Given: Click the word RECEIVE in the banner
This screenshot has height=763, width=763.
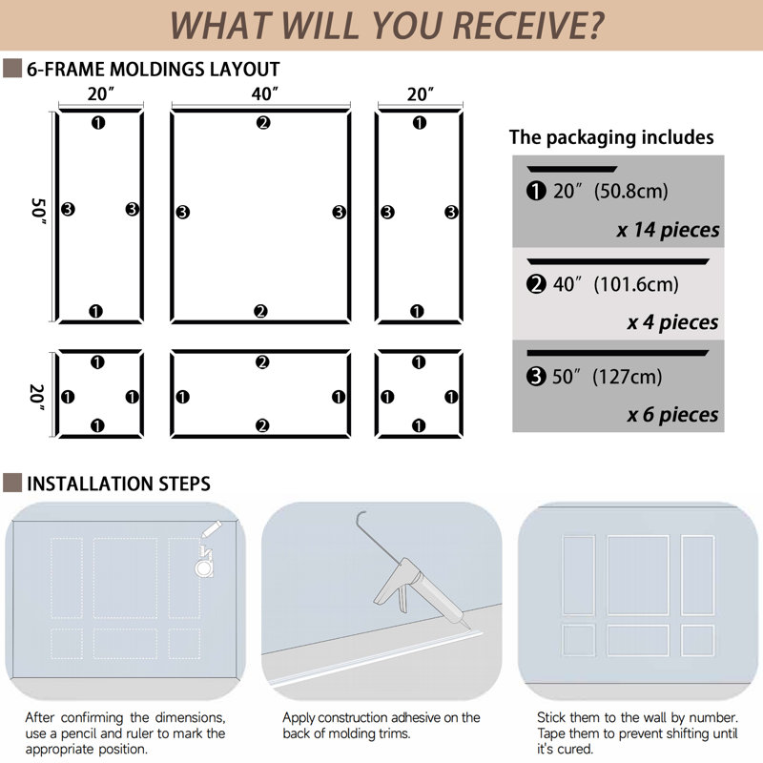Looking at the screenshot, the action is click(528, 26).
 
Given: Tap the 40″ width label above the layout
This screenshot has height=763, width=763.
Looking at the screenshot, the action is click(265, 93).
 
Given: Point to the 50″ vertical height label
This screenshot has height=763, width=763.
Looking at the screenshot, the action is click(39, 211).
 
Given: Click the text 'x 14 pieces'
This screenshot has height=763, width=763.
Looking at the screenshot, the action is click(668, 230).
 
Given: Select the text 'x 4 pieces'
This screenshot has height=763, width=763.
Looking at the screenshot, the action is click(672, 322).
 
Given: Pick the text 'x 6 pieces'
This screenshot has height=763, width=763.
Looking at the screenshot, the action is click(672, 415).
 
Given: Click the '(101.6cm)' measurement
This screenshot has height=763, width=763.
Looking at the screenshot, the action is click(636, 284).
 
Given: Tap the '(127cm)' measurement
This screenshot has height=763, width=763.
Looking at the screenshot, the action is click(628, 377).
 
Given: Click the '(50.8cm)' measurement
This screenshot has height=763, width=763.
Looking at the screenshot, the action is click(631, 192).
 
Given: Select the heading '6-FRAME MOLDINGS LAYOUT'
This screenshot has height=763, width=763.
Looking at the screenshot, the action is click(154, 69).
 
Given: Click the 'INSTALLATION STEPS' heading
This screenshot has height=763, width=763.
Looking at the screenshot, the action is click(118, 484).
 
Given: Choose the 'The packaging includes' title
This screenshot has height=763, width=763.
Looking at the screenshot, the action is click(611, 137).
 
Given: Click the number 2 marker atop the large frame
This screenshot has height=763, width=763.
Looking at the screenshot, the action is click(263, 123).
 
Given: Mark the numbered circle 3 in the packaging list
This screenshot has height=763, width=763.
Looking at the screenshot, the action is click(536, 376).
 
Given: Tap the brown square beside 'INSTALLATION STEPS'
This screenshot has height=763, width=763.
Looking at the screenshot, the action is click(12, 483).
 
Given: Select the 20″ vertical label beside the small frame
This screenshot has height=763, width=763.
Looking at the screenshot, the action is click(38, 397).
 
